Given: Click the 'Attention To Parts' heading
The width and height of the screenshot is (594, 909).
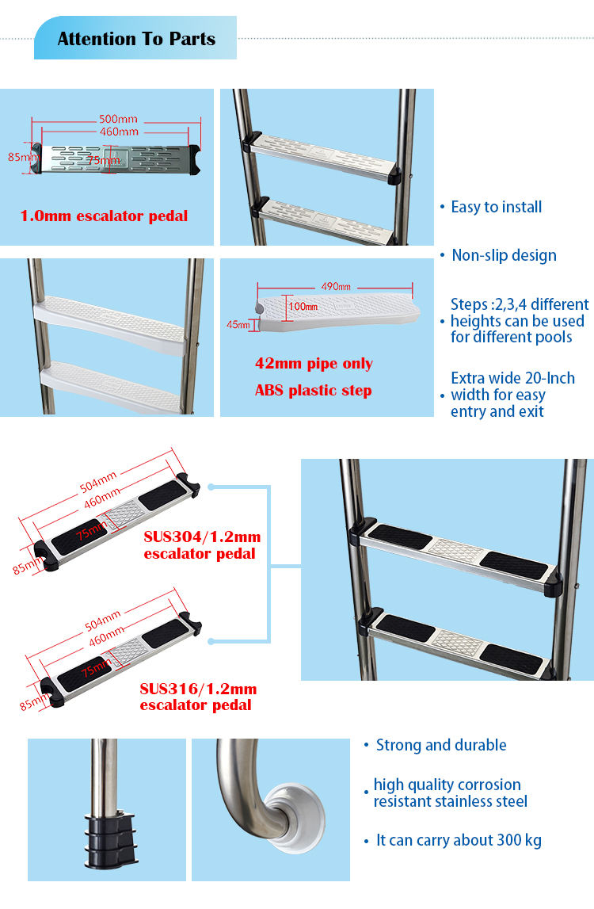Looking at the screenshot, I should point(136,39).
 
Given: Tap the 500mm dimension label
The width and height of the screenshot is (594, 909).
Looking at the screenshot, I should point(118,120).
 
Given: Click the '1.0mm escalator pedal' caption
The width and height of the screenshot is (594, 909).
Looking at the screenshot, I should point(104,216).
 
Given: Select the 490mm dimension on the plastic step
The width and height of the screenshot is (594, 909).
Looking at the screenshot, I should point(335,286).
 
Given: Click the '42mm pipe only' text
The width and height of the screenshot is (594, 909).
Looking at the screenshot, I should point(314,364).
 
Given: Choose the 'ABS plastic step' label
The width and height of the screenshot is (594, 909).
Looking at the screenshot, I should point(313,390).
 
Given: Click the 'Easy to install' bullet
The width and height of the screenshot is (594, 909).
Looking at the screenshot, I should point(496,207).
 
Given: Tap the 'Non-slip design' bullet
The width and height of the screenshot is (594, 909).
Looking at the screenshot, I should point(504,255).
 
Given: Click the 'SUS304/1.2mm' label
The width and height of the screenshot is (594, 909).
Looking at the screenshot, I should point(202,537).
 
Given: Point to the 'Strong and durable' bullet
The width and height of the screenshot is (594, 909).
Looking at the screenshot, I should point(440,745).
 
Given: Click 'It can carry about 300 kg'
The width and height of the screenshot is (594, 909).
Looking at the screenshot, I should point(459,840).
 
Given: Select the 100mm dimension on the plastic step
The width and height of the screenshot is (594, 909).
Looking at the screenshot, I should point(303,306).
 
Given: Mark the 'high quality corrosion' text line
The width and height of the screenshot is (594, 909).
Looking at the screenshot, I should point(447,785).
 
